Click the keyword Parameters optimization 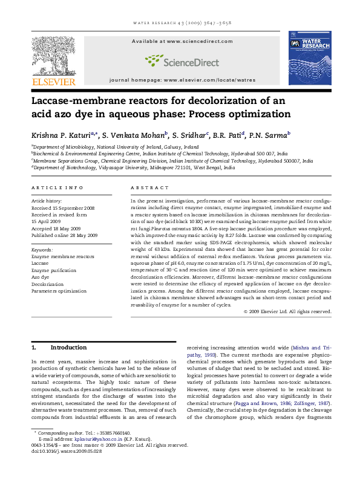(59, 291)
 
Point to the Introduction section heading (68, 348)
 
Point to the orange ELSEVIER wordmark (53, 82)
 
